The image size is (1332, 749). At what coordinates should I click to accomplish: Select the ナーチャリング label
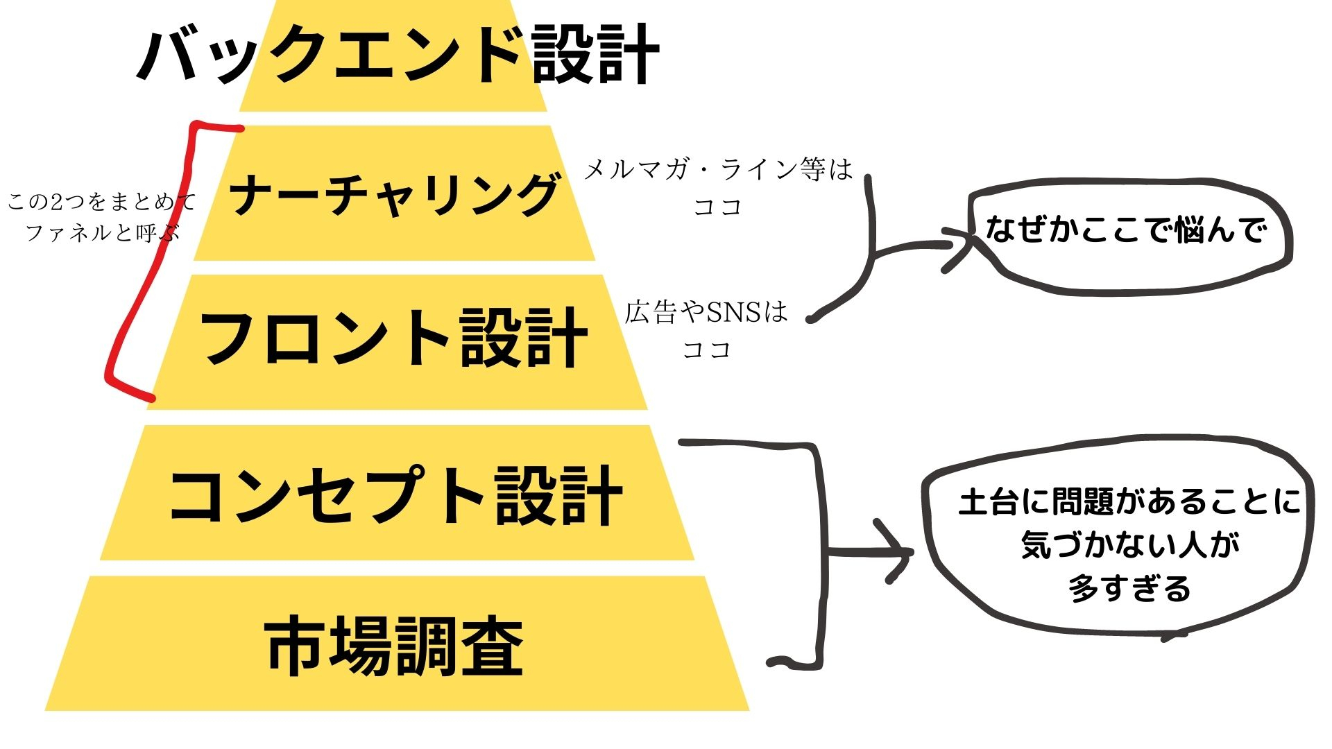(393, 195)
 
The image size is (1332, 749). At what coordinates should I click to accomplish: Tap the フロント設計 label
(393, 338)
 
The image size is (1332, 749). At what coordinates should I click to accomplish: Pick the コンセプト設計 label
(395, 495)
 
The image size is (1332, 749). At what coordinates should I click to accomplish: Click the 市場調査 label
(394, 646)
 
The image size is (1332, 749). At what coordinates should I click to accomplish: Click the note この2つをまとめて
(102, 203)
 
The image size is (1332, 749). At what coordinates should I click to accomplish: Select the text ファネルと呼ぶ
(103, 232)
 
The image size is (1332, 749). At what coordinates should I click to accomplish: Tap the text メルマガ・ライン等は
(718, 170)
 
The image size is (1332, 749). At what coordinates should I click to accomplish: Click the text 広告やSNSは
(706, 313)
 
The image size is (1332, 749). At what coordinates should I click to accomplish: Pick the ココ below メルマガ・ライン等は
(718, 207)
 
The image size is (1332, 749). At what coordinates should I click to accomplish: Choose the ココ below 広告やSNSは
(706, 350)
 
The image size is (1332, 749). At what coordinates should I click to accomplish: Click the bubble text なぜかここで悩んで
(1127, 230)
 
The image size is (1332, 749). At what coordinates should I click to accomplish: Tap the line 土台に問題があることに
(1129, 502)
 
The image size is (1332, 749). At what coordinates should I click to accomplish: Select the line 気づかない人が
(1130, 545)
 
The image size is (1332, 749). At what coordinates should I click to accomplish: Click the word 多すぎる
(1129, 589)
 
